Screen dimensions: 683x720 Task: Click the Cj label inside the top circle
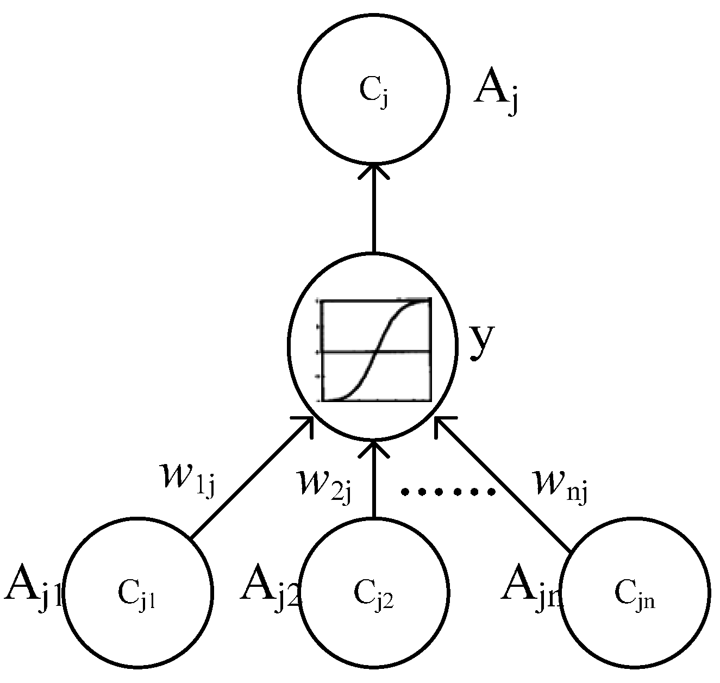pyautogui.click(x=374, y=92)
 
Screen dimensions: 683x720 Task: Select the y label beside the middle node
pyautogui.click(x=480, y=342)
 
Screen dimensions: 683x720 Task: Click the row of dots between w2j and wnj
pyautogui.click(x=448, y=492)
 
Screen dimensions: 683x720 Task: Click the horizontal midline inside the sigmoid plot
pyautogui.click(x=348, y=352)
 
